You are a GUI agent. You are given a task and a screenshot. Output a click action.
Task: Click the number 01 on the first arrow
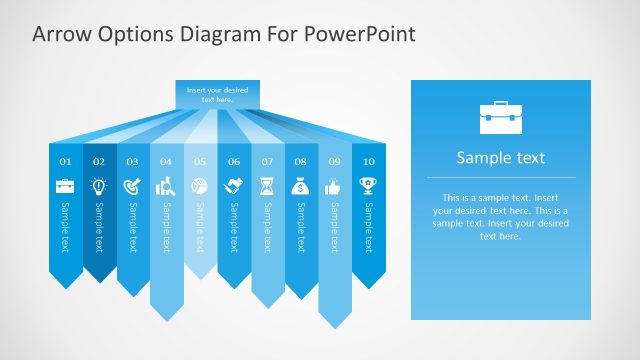65,161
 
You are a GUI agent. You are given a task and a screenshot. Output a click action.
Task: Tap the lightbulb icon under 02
99,186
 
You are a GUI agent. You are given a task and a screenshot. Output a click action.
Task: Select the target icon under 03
132,186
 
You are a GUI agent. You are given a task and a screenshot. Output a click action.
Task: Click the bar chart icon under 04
166,186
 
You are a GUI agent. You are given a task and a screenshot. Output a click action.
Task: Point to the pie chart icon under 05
200,186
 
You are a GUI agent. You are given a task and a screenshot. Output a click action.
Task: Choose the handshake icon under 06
234,186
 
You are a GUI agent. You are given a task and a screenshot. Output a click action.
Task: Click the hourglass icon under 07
267,186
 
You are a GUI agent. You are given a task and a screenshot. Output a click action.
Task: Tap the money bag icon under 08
301,186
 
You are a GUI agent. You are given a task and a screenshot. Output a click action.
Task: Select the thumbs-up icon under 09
334,186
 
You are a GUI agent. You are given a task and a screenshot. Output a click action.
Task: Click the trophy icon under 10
368,186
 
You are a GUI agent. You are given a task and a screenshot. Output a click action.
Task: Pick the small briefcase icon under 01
65,186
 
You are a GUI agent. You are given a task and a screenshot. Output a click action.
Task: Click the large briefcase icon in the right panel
500,117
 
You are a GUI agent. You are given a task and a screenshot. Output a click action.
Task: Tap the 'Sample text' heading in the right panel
500,158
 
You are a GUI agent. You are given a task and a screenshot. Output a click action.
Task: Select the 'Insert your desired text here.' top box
217,95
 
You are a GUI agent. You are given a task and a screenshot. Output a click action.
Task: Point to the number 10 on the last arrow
368,161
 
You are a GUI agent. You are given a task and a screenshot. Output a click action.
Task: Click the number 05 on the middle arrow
200,161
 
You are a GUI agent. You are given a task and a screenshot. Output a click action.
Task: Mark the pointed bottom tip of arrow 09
334,326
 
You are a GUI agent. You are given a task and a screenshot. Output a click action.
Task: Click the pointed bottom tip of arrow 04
166,319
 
